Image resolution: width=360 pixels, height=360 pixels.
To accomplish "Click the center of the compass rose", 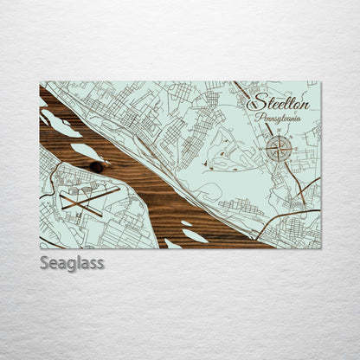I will click(x=279, y=149).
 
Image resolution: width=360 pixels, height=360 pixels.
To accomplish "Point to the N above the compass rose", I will click(x=279, y=131).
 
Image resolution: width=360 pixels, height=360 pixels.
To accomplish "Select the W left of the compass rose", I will click(x=261, y=150).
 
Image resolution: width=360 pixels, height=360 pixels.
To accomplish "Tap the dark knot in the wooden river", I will click(x=95, y=166).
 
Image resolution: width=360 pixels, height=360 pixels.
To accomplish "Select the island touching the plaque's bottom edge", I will click(x=172, y=244).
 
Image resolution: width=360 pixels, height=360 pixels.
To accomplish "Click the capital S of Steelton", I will click(x=254, y=101).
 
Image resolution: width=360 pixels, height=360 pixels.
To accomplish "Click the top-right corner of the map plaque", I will click(x=320, y=82).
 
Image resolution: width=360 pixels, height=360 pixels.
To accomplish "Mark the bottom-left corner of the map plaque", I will click(x=40, y=248).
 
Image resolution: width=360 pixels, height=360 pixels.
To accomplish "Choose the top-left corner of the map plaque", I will click(x=40, y=82).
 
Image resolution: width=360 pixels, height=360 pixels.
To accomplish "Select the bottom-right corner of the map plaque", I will click(x=320, y=248).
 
